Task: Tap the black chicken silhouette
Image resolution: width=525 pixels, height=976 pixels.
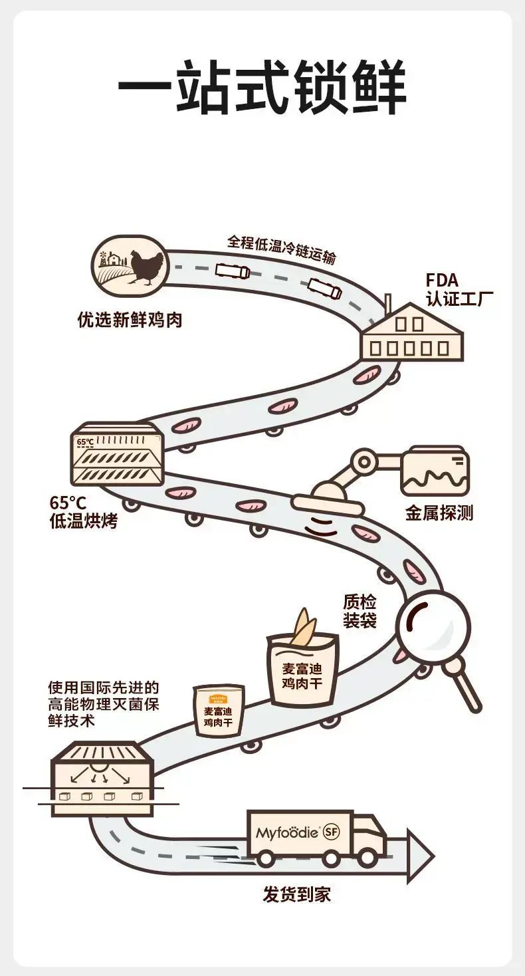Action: (147, 267)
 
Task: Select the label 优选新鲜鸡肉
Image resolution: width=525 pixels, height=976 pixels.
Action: (129, 320)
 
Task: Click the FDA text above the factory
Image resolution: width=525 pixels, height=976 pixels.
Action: (442, 280)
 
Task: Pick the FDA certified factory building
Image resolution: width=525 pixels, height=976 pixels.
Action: (412, 333)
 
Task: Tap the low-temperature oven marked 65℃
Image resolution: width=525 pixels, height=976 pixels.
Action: (117, 453)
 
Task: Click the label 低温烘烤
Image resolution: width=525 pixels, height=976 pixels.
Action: (84, 521)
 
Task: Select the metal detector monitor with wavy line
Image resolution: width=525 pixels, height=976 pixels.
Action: (435, 471)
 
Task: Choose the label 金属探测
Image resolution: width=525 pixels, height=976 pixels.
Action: (439, 513)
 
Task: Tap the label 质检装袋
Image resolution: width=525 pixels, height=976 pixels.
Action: (360, 611)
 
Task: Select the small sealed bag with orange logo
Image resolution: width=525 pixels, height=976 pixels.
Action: (218, 711)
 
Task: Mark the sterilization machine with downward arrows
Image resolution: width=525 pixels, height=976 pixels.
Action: (102, 778)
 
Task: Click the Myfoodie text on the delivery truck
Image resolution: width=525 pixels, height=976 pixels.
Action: (287, 832)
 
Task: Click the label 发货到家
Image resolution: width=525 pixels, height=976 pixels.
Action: (296, 894)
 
